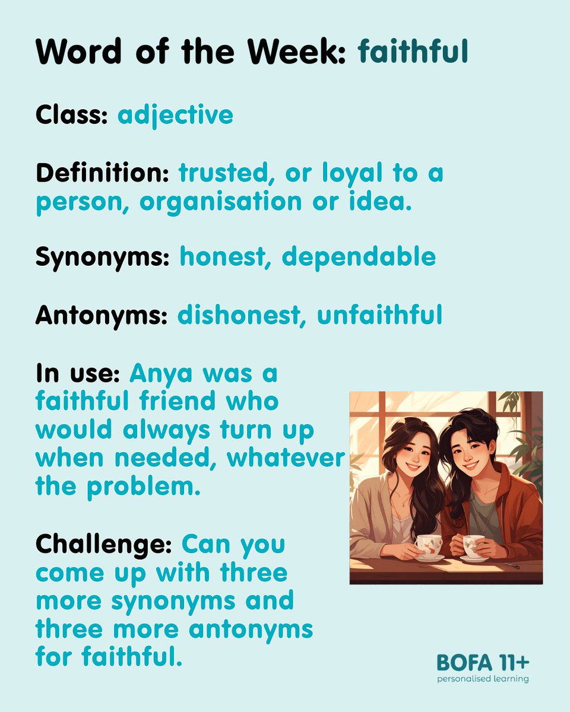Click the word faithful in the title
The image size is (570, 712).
(x=413, y=52)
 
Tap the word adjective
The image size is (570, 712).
(x=175, y=115)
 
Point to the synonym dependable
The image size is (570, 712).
(x=359, y=258)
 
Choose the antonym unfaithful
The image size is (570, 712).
(x=379, y=316)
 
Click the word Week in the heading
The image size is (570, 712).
(x=294, y=52)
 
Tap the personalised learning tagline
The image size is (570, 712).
(x=482, y=678)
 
